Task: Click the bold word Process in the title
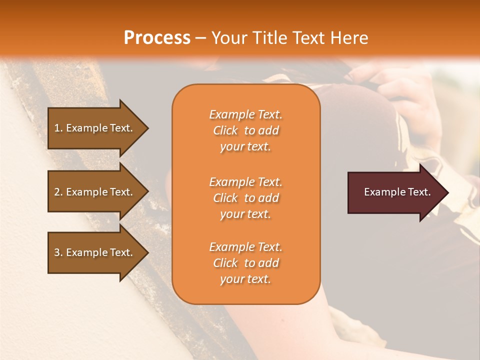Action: coord(157,38)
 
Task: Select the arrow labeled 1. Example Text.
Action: coord(95,128)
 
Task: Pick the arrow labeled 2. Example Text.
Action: coord(95,192)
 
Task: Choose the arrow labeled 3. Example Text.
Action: coord(95,252)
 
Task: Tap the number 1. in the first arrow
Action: coord(58,128)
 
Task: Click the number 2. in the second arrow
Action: coord(58,192)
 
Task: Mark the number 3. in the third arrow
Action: coord(58,252)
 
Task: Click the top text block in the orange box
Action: coord(245,130)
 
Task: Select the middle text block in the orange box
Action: coord(245,198)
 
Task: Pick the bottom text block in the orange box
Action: coord(245,263)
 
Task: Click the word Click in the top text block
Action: coord(225,130)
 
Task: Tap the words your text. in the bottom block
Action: coord(245,279)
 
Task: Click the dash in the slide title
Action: coord(200,38)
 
